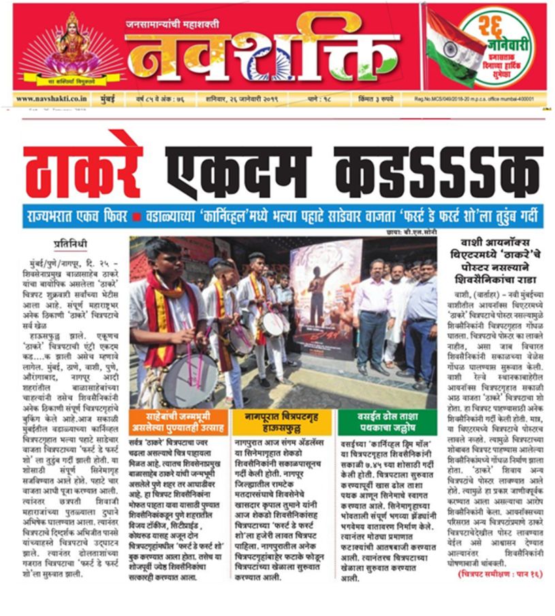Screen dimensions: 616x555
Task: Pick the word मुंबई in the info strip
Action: [x=117, y=99]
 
